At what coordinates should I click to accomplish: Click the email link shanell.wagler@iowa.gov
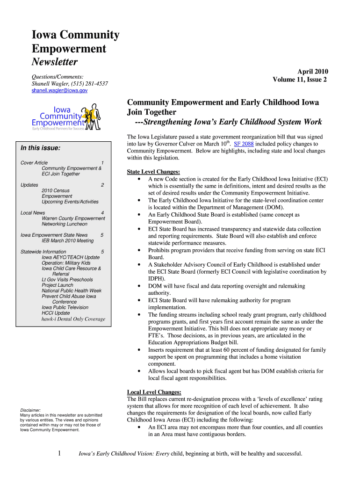[59, 91]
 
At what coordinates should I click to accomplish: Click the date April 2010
[312, 72]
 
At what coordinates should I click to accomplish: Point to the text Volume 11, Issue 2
[300, 80]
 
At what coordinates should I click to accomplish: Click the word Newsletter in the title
[54, 62]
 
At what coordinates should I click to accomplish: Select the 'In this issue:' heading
[41, 148]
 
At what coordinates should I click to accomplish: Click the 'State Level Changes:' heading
[153, 172]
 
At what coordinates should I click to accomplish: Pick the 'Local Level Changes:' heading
[154, 392]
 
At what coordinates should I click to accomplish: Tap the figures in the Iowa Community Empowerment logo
[91, 116]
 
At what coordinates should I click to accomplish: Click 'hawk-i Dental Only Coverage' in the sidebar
[73, 319]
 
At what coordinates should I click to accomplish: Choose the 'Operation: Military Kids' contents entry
[66, 263]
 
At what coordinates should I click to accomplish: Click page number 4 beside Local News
[102, 213]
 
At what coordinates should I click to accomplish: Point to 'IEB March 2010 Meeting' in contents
[68, 240]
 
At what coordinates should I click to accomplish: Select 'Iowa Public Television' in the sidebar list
[65, 307]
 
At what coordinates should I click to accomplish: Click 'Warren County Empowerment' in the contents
[73, 218]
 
